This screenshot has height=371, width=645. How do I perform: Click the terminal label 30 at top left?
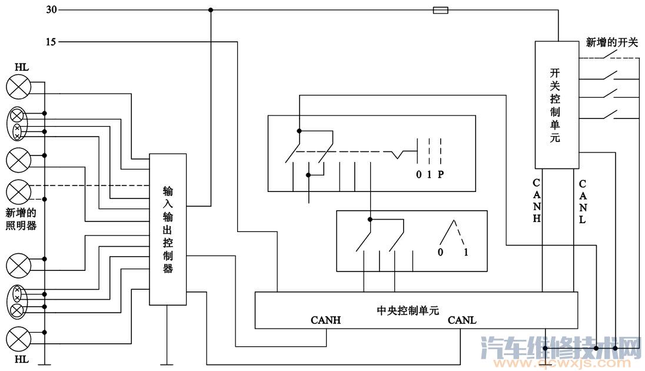tap(51, 10)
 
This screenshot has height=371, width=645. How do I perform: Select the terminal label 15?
tap(51, 42)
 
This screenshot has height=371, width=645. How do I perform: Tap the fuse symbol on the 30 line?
tap(440, 10)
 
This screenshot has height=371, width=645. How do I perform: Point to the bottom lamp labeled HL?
tap(19, 339)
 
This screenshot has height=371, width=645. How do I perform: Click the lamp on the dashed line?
tap(19, 191)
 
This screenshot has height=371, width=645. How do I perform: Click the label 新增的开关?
tap(611, 42)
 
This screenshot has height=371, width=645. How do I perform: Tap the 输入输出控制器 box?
tap(168, 229)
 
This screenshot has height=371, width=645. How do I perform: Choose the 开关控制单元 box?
tap(555, 105)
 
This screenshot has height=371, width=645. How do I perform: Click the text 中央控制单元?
tap(407, 310)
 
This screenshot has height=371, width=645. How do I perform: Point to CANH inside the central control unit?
tap(325, 321)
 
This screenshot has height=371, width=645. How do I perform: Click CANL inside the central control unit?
tap(462, 321)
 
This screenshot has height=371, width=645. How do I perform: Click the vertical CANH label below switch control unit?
tap(536, 200)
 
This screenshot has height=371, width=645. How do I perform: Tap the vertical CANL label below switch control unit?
tap(582, 201)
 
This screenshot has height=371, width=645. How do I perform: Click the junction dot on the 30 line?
tap(211, 10)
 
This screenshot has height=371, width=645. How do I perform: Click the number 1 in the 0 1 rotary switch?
tap(466, 252)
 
